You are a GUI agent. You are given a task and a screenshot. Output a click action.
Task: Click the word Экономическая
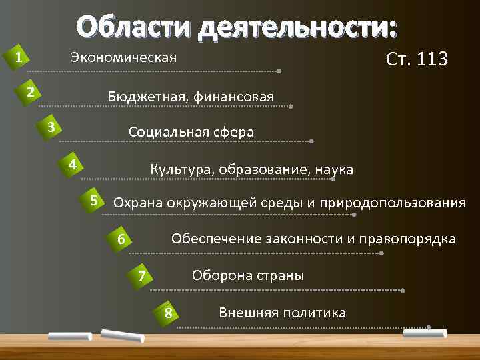pyautogui.click(x=123, y=58)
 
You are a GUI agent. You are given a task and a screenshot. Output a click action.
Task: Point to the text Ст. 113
pyautogui.click(x=417, y=59)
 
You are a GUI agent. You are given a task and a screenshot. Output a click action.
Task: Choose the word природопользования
pyautogui.click(x=393, y=203)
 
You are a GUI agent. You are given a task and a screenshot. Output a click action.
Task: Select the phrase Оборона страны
pyautogui.click(x=248, y=275)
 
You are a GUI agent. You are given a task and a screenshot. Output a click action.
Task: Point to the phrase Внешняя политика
pyautogui.click(x=282, y=312)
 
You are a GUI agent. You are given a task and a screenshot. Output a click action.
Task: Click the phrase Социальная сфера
pyautogui.click(x=191, y=132)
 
